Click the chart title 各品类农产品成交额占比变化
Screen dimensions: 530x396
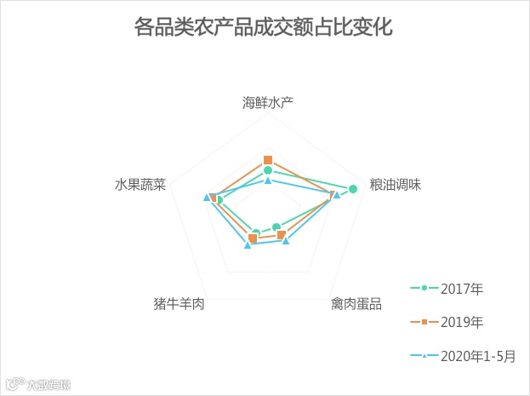264,27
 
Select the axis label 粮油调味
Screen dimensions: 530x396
396,185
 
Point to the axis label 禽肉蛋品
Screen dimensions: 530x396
356,303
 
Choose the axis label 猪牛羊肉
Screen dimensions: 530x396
179,303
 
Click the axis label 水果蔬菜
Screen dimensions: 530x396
140,185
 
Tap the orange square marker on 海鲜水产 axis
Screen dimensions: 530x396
268,160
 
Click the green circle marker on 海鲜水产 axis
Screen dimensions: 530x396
268,171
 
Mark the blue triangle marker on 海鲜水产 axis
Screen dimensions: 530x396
268,181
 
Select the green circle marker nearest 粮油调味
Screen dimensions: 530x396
352,188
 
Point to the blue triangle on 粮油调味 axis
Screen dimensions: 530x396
337,195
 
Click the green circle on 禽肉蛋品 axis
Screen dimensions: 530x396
276,227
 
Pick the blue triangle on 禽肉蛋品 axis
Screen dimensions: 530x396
286,241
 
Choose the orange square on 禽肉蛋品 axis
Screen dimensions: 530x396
281,235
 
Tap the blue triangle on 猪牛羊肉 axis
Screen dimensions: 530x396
248,245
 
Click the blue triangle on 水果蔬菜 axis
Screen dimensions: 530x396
207,198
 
